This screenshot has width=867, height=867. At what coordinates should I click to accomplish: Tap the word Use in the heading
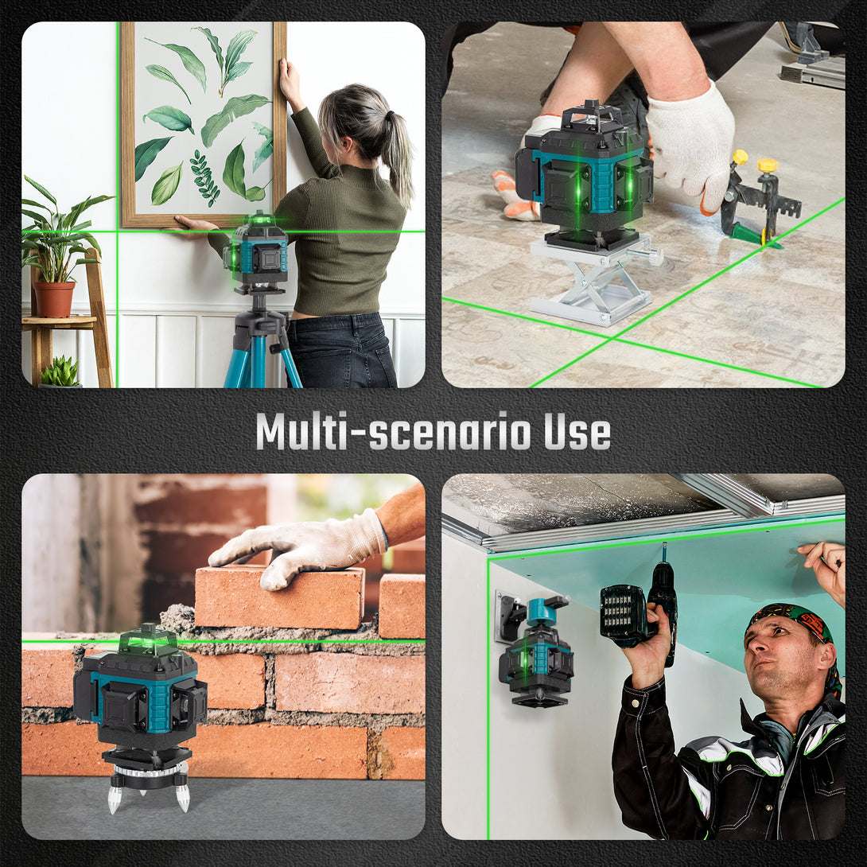pyautogui.click(x=577, y=432)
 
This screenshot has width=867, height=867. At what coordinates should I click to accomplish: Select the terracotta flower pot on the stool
pyautogui.click(x=54, y=299)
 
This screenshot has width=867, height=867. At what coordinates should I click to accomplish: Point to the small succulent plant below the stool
pyautogui.click(x=59, y=371)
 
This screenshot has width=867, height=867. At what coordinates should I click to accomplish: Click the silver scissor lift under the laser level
pyautogui.click(x=594, y=278)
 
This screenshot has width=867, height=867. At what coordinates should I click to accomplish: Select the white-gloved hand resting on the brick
pyautogui.click(x=298, y=547)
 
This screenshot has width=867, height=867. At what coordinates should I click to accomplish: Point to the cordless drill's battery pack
pyautogui.click(x=624, y=615)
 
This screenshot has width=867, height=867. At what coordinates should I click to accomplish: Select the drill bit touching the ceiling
pyautogui.click(x=664, y=552)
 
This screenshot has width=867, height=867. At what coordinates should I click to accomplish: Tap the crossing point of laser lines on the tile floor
pyautogui.click(x=614, y=336)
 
